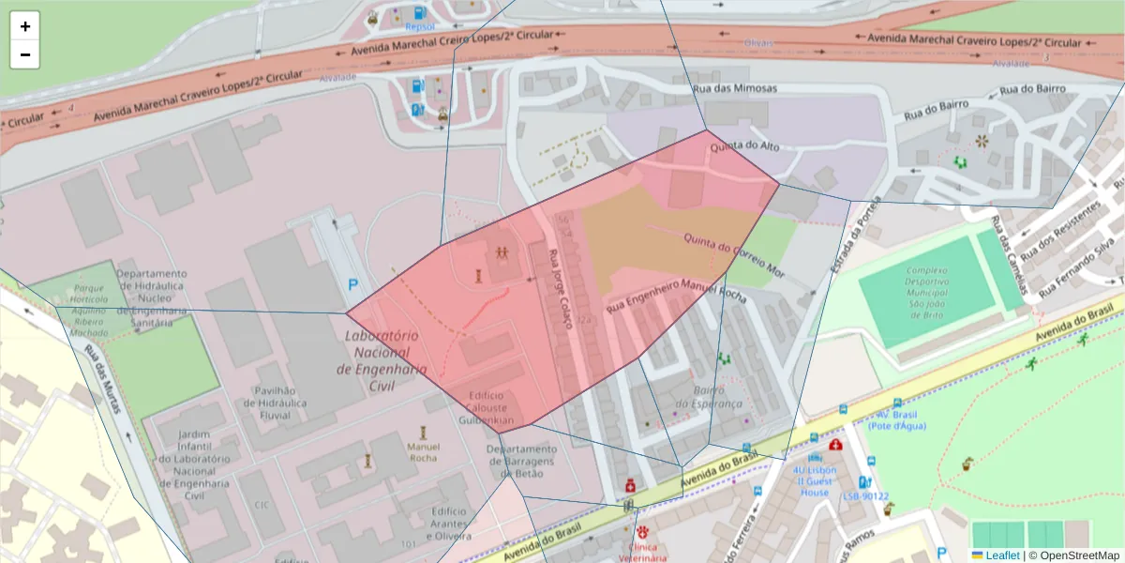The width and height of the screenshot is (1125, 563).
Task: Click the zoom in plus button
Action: pos(24,26)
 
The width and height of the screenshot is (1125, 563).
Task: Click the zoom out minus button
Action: pos(24,54)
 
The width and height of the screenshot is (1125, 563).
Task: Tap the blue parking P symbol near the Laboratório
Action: pos(353,284)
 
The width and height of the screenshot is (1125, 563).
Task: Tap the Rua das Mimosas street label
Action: pos(734,87)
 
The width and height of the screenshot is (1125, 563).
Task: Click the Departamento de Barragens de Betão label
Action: pos(522,461)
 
